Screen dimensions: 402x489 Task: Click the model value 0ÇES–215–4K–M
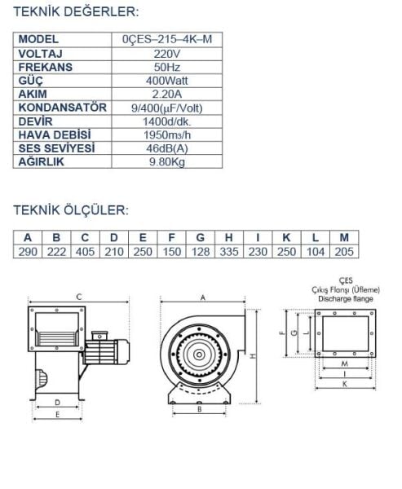[x=167, y=39]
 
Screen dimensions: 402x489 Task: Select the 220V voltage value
[x=167, y=54]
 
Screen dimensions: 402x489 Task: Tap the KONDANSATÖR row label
[x=63, y=108]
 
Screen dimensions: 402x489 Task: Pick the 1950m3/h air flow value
[x=167, y=135]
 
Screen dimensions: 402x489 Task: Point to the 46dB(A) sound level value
[x=167, y=148]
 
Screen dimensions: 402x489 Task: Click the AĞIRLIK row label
[x=42, y=161]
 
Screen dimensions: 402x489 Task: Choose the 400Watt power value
[x=167, y=81]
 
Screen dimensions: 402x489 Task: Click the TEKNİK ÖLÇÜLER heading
[x=71, y=210]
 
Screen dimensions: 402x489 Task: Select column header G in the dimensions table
[x=201, y=238]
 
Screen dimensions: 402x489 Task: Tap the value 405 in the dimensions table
[x=85, y=252]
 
